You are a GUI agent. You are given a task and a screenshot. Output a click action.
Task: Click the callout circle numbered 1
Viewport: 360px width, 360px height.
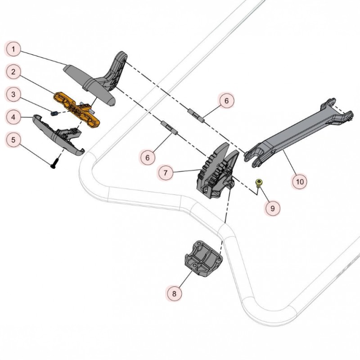coord(13,49)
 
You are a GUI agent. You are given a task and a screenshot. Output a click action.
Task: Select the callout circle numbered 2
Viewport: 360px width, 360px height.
coord(13,72)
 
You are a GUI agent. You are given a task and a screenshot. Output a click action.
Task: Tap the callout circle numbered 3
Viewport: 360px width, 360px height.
coord(13,94)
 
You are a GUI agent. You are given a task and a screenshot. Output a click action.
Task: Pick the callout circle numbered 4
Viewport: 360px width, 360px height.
coord(13,117)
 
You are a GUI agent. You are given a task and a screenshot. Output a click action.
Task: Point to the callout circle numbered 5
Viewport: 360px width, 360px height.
coord(13,139)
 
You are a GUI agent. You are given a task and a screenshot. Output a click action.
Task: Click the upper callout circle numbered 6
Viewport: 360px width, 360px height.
coord(226,101)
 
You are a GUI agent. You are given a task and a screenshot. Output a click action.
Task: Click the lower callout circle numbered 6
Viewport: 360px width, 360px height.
coord(148,158)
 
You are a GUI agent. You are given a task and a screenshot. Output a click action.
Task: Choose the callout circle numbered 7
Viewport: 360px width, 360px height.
coord(166,172)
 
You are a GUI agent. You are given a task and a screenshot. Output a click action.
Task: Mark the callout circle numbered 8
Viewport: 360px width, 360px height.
coord(174,293)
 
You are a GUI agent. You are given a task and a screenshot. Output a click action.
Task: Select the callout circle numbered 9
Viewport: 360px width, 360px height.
coord(273,208)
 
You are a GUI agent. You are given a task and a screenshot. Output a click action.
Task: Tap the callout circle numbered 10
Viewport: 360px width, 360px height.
coord(300,182)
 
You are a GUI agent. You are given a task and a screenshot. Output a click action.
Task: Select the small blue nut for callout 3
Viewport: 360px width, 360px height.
coord(54,113)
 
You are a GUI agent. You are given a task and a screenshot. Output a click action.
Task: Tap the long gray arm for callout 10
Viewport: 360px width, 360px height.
coord(298,133)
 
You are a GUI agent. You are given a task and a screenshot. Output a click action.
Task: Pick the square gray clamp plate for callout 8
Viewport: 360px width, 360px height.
coord(203,258)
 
